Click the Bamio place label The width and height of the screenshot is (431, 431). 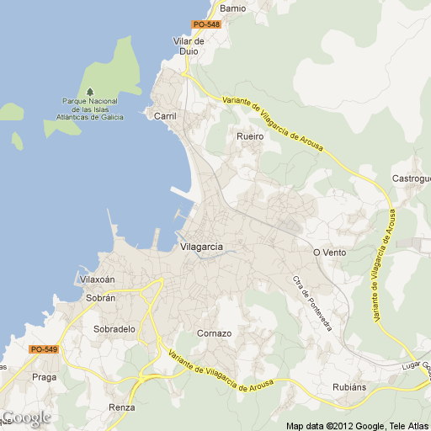click(x=232, y=8)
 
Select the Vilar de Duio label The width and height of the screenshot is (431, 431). click(x=189, y=45)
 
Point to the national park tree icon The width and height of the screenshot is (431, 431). click(x=90, y=92)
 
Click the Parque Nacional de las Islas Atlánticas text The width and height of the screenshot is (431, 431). click(x=93, y=109)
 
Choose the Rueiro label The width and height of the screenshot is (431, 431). click(x=250, y=136)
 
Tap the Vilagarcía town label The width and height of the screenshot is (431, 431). click(x=202, y=247)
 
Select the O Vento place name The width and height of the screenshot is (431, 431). click(x=329, y=253)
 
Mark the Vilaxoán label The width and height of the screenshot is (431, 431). click(x=97, y=279)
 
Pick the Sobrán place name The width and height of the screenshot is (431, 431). click(x=100, y=298)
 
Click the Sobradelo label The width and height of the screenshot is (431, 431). click(x=114, y=329)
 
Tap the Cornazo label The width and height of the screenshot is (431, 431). click(x=214, y=333)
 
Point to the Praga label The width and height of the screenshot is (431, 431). click(x=44, y=377)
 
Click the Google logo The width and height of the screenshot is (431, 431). click(x=26, y=418)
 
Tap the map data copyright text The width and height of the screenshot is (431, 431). click(x=357, y=424)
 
